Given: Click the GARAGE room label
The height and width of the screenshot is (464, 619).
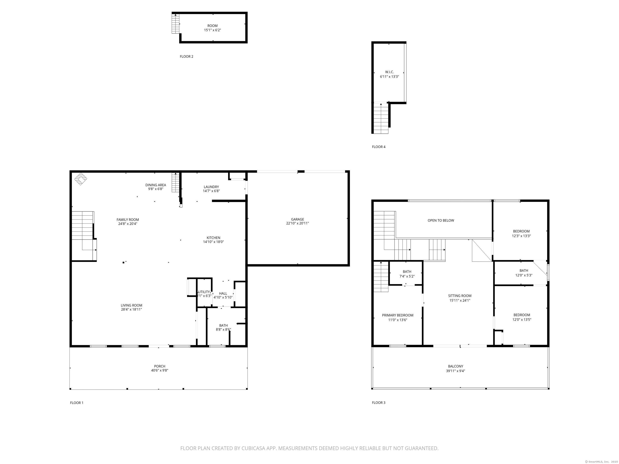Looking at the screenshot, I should (x=297, y=219).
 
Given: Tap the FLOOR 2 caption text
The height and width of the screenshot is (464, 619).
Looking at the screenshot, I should (x=186, y=57).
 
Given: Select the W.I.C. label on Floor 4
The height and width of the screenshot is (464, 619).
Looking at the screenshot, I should (x=389, y=72).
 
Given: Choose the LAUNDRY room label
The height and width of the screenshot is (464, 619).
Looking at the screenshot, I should (x=211, y=187).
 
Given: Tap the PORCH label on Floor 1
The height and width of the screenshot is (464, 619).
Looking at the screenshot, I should (x=160, y=366).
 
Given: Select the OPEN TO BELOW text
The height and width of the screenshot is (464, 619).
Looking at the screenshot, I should (x=441, y=220).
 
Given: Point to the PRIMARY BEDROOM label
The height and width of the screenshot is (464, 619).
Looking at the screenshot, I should (x=397, y=315).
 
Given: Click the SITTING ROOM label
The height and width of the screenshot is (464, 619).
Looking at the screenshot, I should (x=460, y=296).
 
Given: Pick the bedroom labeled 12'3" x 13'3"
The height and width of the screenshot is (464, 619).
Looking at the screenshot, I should (x=521, y=234).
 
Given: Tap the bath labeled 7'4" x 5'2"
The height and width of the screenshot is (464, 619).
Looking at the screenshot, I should (x=407, y=274).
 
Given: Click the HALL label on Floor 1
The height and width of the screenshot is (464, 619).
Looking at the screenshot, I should (x=223, y=293).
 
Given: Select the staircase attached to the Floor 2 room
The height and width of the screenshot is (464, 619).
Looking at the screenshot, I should (x=176, y=24).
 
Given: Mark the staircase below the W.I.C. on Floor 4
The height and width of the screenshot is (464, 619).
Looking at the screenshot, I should (x=381, y=119).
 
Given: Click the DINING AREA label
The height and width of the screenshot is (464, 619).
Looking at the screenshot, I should (x=156, y=185).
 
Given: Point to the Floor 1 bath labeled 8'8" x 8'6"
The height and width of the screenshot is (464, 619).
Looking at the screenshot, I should (x=223, y=327).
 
